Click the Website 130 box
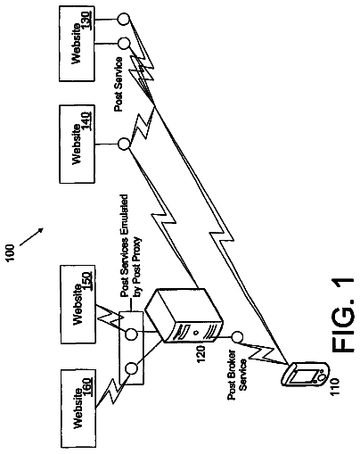click(77, 44)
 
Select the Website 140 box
click(77, 144)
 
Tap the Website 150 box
click(78, 304)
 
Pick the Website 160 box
click(78, 409)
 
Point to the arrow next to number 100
click(31, 237)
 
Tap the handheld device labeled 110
click(305, 374)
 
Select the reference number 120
click(200, 354)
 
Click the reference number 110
click(335, 386)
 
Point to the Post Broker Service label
click(237, 376)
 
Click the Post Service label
click(119, 85)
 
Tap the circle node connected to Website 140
click(124, 144)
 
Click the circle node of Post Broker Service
click(237, 337)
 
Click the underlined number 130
click(86, 21)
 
